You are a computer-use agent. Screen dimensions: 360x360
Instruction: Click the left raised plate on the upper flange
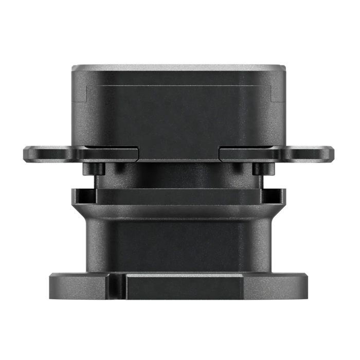111,153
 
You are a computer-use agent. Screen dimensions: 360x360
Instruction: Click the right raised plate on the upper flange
247,153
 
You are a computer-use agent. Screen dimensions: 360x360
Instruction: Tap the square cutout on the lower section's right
275,196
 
